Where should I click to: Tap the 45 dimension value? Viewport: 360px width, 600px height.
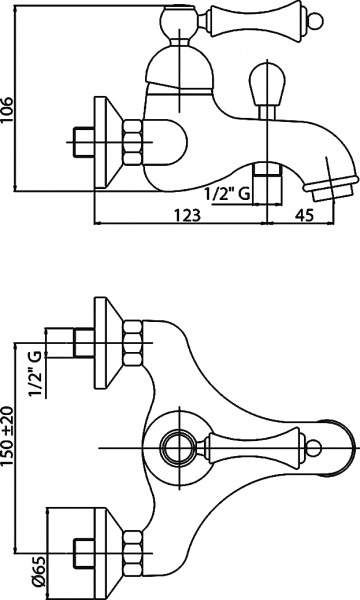click(307, 214)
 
